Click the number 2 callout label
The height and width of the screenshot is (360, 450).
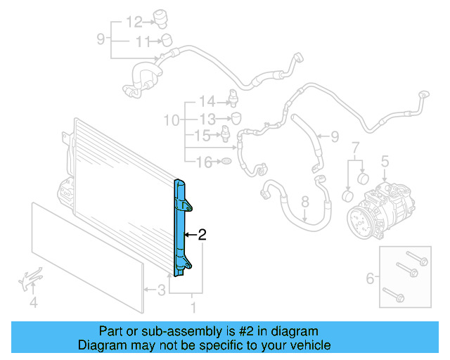202,236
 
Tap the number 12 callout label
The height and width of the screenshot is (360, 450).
134,21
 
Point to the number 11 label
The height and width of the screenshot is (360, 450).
143,42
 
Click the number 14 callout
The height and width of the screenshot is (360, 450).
206,101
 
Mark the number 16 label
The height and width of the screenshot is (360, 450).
203,163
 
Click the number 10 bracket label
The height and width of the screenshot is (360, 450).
172,121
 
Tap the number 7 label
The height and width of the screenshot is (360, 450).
356,148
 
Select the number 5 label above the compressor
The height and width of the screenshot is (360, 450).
385,162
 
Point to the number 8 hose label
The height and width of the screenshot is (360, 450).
305,202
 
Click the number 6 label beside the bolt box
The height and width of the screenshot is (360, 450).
371,279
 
